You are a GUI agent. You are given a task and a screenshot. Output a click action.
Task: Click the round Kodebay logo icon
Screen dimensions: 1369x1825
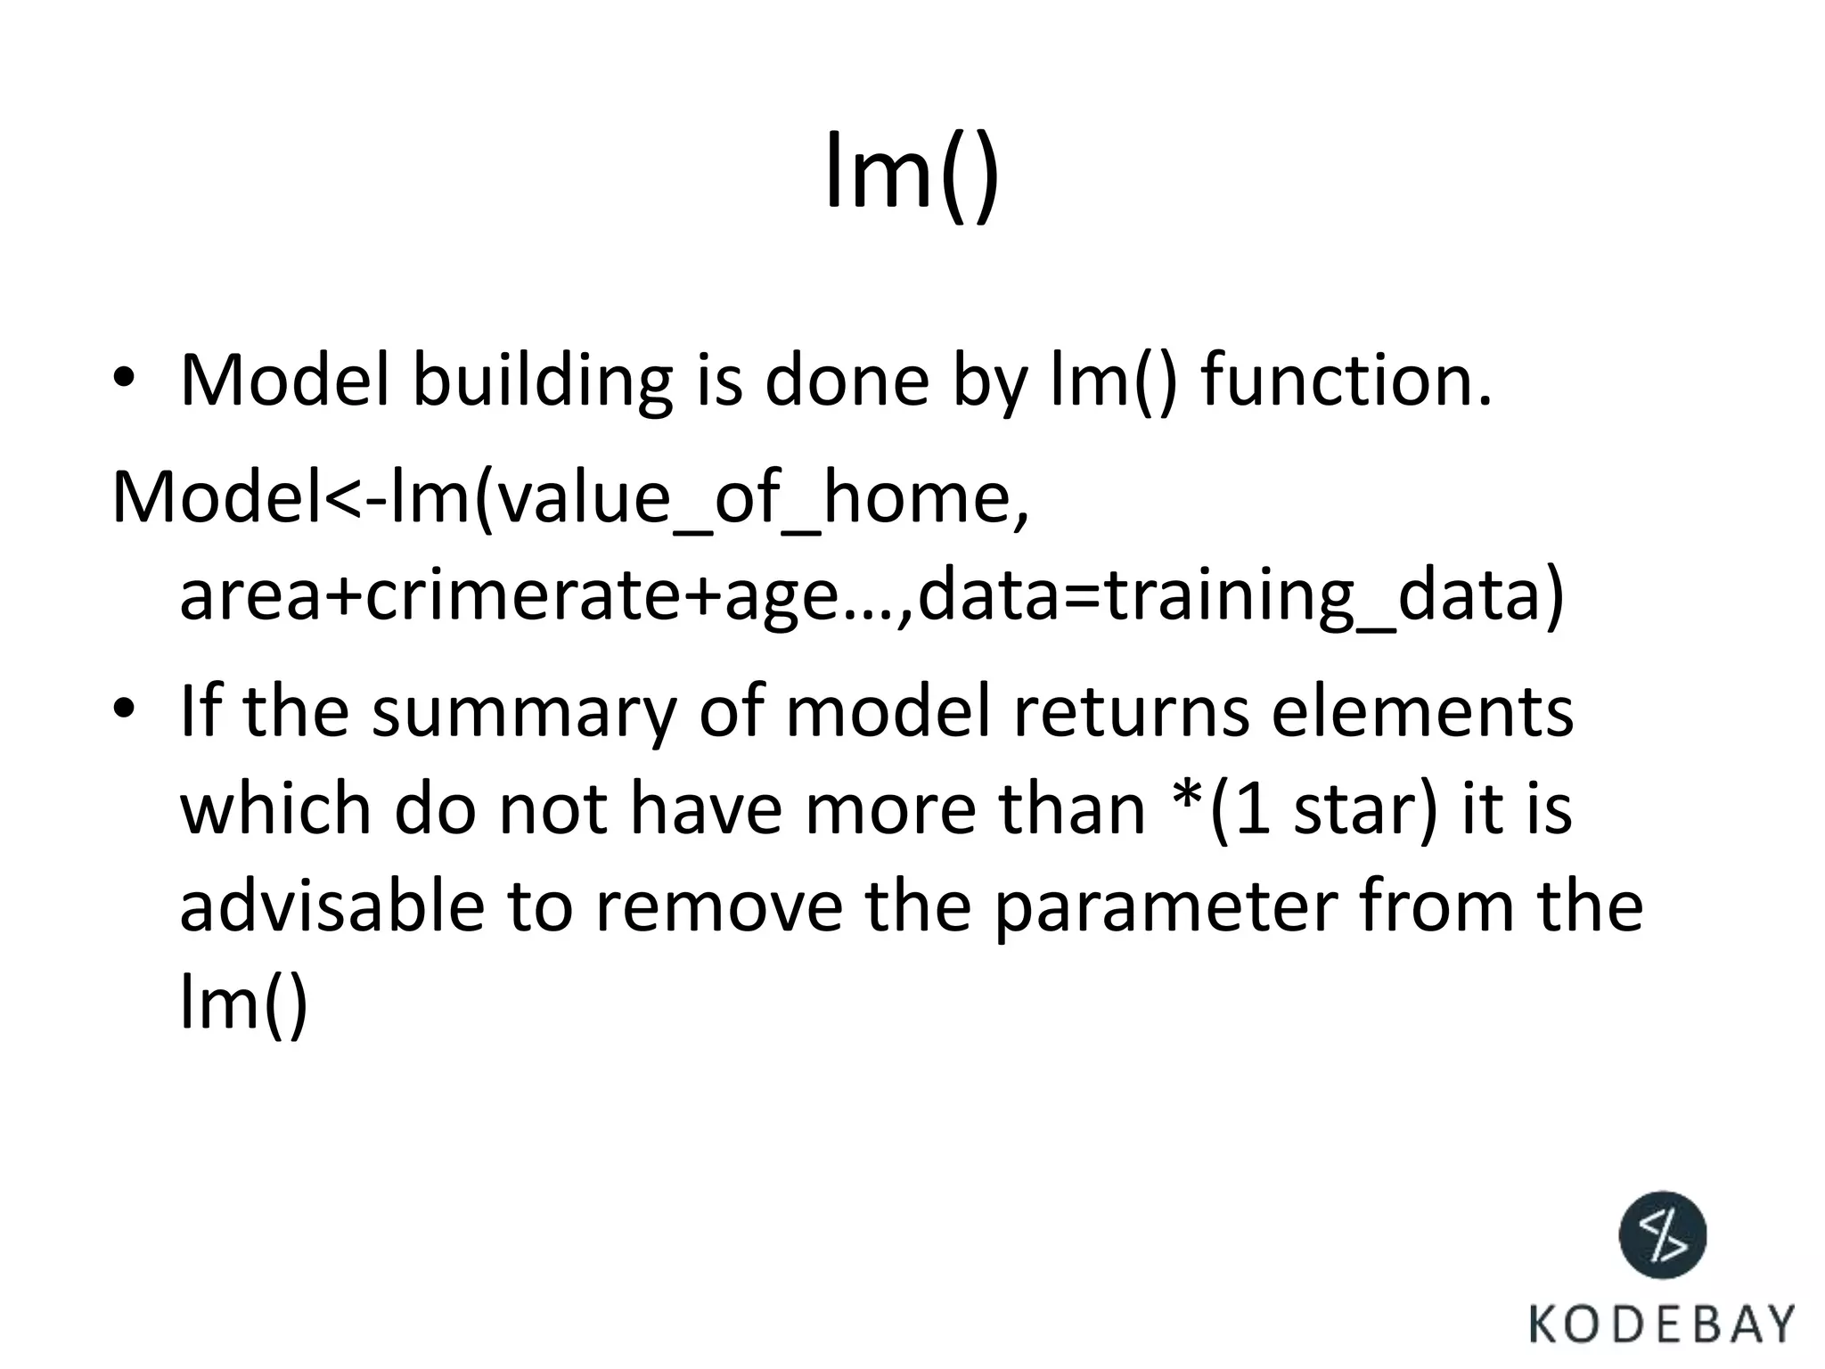tap(1662, 1235)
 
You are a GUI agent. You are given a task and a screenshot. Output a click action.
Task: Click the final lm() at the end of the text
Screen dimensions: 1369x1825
tap(243, 1003)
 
